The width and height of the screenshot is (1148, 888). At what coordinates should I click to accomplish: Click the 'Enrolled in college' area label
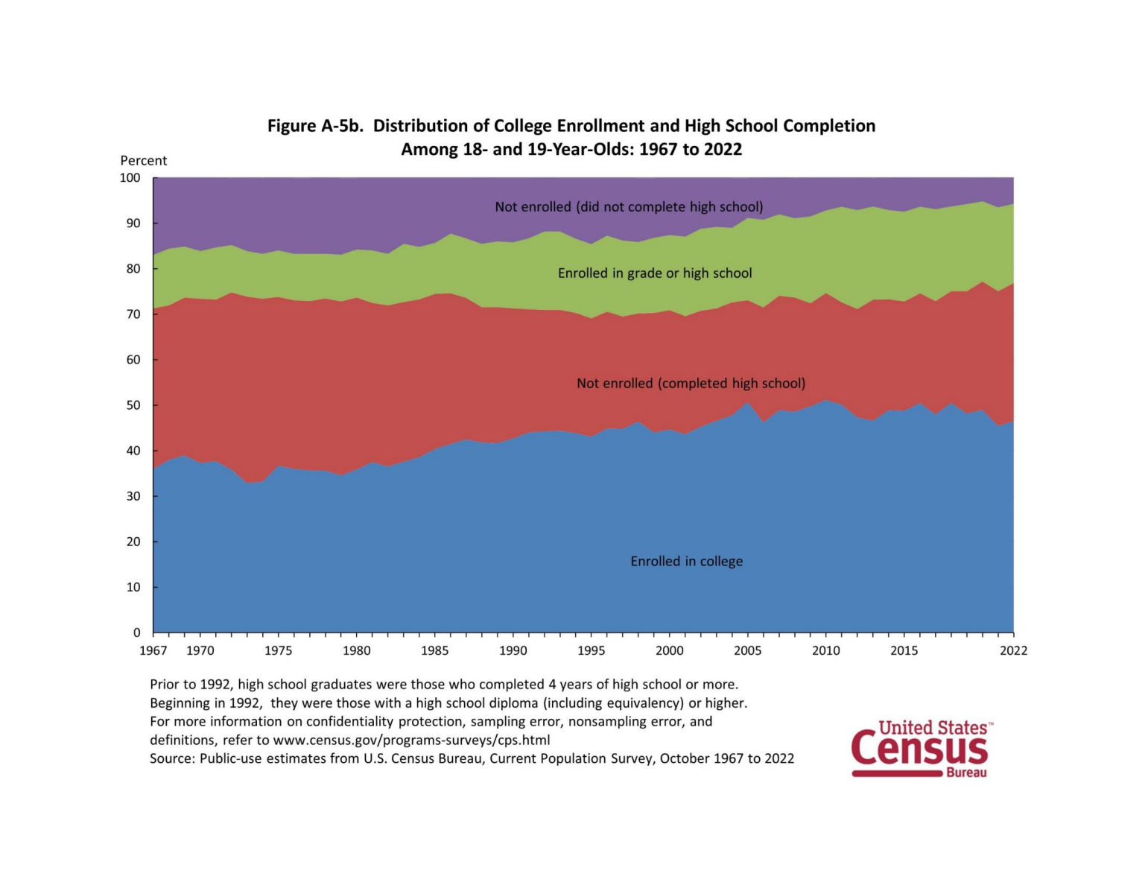(686, 561)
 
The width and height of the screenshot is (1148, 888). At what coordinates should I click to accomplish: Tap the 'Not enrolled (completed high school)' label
(691, 383)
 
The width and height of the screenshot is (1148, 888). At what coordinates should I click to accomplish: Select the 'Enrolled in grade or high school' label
(655, 273)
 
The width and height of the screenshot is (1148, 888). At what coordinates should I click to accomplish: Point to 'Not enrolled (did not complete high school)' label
(629, 206)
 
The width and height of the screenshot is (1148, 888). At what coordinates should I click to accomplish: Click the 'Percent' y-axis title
(144, 160)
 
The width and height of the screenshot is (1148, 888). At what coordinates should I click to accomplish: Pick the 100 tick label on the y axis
(130, 177)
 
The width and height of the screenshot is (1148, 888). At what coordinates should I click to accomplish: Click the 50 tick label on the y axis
(133, 405)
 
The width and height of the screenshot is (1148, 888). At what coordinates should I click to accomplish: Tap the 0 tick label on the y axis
(136, 632)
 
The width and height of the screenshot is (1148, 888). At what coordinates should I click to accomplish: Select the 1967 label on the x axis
(153, 650)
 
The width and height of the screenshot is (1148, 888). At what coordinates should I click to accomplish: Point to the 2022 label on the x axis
(1013, 650)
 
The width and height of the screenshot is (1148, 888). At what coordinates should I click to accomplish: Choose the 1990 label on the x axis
(513, 650)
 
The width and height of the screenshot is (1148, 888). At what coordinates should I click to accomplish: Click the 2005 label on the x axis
(748, 650)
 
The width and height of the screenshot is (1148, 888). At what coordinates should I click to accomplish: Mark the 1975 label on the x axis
(279, 650)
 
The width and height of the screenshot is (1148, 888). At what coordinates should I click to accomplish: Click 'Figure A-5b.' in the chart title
(316, 126)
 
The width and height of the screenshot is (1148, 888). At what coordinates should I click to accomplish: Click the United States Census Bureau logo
(921, 749)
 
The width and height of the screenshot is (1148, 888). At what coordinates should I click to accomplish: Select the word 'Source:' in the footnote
(172, 758)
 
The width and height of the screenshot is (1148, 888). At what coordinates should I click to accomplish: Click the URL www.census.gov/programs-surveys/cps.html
(411, 740)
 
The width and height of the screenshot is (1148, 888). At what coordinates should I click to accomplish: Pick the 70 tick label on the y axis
(133, 314)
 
